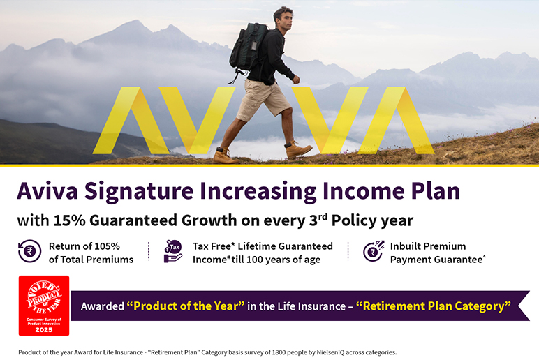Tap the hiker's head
coord(283,19)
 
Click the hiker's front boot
coord(298,150)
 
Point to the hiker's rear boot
coord(225,156)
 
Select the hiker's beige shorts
coord(263,100)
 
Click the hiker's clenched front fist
coord(296,80)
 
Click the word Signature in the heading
coord(139,191)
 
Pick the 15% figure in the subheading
coord(69,220)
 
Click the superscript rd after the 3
coord(323,217)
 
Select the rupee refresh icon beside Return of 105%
coord(29,251)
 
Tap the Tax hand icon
coord(173,251)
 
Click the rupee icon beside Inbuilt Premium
coord(374,251)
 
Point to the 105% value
coord(108,246)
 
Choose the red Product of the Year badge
coord(44,306)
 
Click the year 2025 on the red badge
coord(44,330)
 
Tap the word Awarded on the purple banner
coord(103,306)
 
